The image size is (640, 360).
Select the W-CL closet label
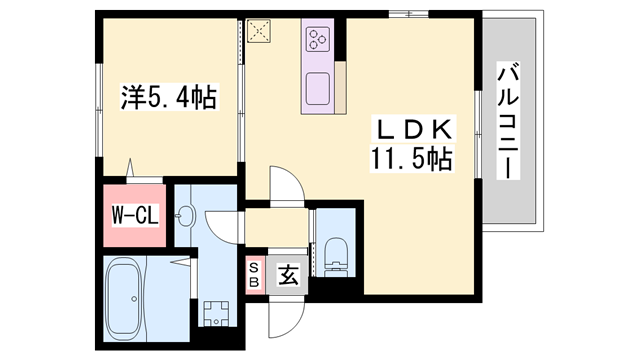point(133,213)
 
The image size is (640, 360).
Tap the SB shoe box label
point(254,274)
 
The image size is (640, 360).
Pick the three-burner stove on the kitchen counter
point(317,41)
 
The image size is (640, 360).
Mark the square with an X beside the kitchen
point(262,33)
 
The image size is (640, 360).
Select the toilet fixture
point(337,253)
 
